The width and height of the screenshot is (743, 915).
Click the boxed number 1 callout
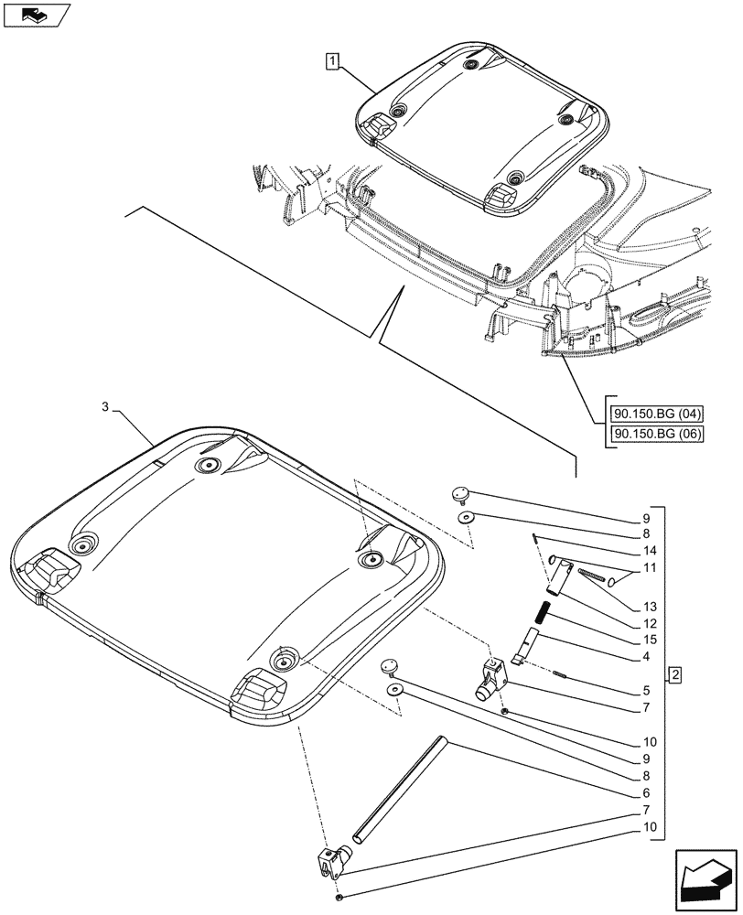[x=331, y=61]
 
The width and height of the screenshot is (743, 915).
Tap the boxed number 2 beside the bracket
[x=674, y=676]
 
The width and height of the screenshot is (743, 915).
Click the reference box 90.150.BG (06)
[x=653, y=433]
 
